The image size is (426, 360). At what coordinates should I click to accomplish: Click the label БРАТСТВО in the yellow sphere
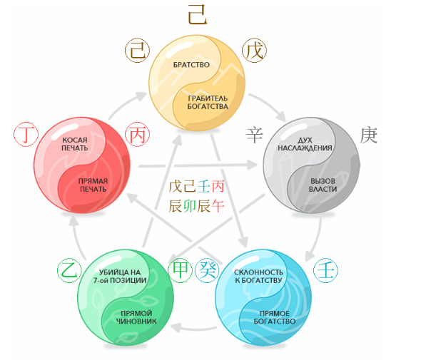[x=191, y=65]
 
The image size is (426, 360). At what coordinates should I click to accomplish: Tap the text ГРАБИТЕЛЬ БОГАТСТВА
[x=208, y=103]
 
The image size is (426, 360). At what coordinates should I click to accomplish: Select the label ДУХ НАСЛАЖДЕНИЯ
[x=305, y=144]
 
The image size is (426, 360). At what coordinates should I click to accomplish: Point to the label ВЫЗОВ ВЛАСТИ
[x=323, y=185]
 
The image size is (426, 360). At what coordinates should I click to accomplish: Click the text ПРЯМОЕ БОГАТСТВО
[x=275, y=317]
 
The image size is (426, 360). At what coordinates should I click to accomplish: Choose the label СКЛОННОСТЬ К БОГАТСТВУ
[x=258, y=276]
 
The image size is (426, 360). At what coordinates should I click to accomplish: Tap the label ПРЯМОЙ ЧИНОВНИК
[x=136, y=317]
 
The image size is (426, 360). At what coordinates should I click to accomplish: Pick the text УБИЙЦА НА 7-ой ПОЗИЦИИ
[x=120, y=276]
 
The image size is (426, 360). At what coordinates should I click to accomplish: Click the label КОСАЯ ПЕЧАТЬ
[x=75, y=144]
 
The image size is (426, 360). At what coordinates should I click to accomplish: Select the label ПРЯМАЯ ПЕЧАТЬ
[x=93, y=185]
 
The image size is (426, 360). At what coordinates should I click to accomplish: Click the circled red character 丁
[x=26, y=135]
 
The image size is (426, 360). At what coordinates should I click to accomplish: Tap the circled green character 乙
[x=69, y=271]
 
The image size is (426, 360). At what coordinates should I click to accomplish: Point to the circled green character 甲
[x=180, y=270]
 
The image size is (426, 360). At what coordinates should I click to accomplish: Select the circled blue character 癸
[x=208, y=270]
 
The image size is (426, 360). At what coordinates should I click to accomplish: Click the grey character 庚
[x=369, y=135]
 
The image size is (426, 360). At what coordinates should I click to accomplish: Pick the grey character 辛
[x=255, y=135]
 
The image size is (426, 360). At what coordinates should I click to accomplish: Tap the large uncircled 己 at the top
[x=198, y=15]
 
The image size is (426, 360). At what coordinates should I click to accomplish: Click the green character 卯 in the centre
[x=190, y=206]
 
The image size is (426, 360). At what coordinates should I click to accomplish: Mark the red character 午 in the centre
[x=218, y=206]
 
